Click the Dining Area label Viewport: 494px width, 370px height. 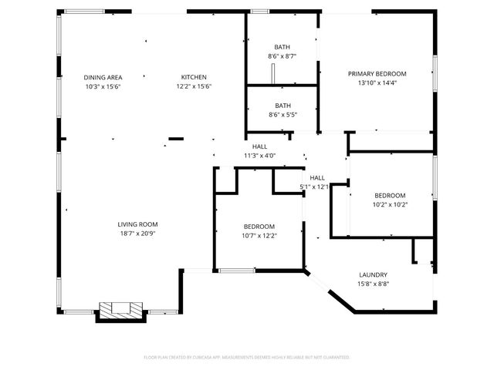[x=103, y=77]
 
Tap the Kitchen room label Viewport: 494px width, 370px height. [x=194, y=77]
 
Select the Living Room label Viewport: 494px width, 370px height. [x=137, y=224]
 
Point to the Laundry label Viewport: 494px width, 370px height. [x=373, y=275]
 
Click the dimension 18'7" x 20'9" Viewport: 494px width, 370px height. [x=137, y=234]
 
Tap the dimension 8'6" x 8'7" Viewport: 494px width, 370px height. [x=283, y=56]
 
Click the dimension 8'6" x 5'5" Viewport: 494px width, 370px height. [x=283, y=115]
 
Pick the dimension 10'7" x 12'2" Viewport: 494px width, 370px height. [x=259, y=236]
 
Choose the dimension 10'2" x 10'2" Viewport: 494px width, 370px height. [x=390, y=205]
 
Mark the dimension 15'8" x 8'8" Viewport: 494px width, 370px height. [x=373, y=284]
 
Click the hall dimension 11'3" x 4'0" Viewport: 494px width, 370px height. [x=259, y=156]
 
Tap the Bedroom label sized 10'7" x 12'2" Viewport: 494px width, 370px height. [x=259, y=227]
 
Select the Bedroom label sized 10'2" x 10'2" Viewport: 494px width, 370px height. [x=390, y=196]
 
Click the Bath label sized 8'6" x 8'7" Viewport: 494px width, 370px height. [x=283, y=47]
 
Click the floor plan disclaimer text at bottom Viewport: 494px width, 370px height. [x=247, y=358]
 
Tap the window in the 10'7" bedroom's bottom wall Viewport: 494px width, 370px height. [x=237, y=271]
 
